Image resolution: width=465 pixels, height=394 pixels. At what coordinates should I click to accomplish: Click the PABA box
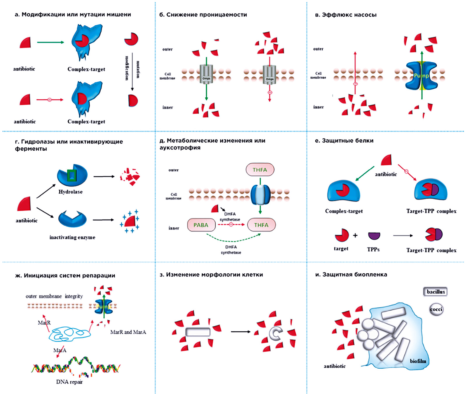201,225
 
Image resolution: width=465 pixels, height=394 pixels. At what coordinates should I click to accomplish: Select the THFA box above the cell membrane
260,170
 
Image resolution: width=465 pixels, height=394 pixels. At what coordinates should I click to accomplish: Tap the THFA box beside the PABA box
261,225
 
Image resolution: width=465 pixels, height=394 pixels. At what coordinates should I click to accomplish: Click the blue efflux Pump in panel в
421,76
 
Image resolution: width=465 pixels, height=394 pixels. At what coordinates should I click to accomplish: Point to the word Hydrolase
70,192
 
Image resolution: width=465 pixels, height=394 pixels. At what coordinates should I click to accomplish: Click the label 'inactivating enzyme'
72,237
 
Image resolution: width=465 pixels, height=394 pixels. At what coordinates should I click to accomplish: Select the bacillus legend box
435,292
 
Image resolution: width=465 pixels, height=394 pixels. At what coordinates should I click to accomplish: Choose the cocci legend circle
436,309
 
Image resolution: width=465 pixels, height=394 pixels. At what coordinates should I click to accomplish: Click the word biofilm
418,361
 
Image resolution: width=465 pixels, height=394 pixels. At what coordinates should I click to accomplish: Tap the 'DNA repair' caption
69,382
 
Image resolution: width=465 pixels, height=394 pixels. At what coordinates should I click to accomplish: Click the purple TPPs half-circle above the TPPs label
374,235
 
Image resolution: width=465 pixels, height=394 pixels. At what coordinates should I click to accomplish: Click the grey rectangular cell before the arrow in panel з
198,332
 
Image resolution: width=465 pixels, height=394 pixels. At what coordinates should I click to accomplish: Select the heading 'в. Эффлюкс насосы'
346,15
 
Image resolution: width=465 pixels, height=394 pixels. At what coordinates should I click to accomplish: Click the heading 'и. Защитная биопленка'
351,275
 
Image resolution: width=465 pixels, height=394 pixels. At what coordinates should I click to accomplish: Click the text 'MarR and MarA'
128,332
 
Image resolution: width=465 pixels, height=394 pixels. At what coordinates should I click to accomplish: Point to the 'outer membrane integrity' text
54,296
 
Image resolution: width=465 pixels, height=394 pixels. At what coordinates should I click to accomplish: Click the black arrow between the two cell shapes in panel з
240,332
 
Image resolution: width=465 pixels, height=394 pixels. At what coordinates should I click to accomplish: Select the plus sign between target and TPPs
355,235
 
